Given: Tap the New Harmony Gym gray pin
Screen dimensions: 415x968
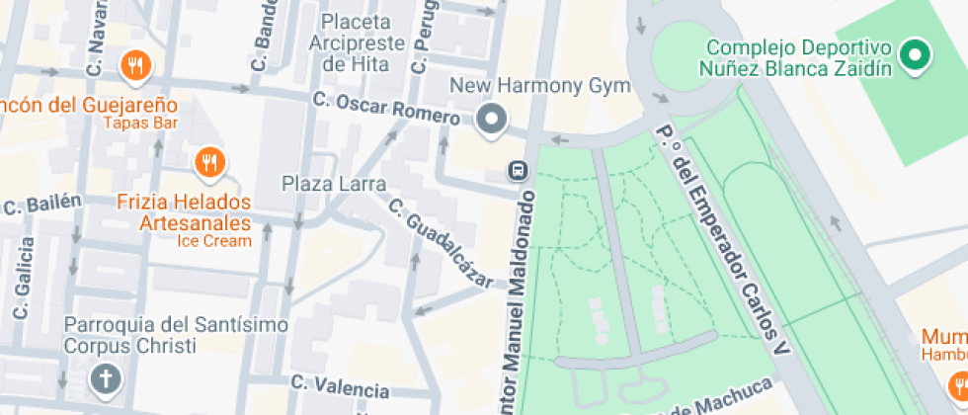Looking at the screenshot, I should click(x=491, y=121).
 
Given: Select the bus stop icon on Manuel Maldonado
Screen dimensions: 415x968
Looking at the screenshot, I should click(x=516, y=170).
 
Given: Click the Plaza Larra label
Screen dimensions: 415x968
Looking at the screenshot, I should click(x=326, y=184).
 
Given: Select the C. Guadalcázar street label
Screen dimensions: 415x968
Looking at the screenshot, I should click(x=441, y=243).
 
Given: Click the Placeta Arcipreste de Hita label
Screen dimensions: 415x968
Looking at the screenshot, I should click(x=357, y=42).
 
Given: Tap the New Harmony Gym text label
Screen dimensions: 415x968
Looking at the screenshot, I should click(x=539, y=86).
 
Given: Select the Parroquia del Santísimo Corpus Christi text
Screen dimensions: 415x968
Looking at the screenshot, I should click(x=162, y=335).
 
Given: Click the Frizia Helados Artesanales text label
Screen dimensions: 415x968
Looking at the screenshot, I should click(x=184, y=213).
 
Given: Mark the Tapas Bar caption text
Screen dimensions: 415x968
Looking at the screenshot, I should click(x=139, y=124).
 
